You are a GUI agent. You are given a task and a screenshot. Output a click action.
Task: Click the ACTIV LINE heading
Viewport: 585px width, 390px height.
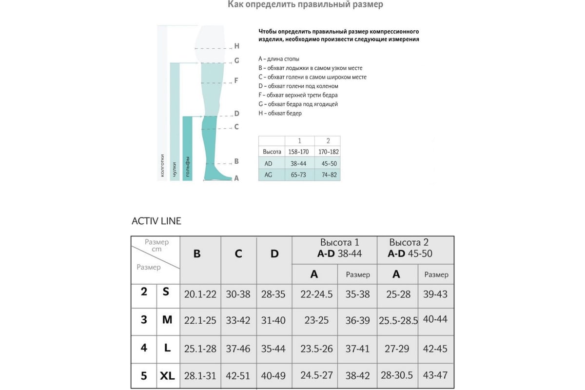[156, 221]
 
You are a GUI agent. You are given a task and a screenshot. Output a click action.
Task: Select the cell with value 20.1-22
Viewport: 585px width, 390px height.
[200, 294]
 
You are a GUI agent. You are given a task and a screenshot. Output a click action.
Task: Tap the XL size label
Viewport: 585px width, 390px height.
[168, 376]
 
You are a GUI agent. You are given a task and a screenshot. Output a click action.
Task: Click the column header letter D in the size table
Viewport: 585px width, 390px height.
[274, 254]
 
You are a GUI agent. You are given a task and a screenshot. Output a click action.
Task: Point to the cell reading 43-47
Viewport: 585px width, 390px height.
[436, 376]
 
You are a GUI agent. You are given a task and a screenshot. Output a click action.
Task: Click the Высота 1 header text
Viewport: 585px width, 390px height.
[339, 242]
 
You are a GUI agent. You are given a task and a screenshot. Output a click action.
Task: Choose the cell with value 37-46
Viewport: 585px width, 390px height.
[238, 348]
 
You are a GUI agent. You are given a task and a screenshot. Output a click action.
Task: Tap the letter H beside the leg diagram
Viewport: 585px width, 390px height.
[237, 46]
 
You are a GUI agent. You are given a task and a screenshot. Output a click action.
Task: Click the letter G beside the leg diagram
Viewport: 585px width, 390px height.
[237, 61]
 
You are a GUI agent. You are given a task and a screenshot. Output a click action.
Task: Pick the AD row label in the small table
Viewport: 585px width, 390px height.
[268, 164]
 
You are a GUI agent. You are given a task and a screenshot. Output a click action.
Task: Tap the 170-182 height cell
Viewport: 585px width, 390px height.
[328, 152]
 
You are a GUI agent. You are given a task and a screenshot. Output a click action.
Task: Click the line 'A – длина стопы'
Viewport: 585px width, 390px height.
[279, 59]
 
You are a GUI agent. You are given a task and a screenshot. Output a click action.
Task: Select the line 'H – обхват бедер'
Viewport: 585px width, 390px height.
[280, 113]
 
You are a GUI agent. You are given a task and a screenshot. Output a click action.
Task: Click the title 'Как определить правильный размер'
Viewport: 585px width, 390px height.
[306, 5]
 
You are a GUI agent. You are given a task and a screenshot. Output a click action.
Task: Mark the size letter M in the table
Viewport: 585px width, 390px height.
[168, 320]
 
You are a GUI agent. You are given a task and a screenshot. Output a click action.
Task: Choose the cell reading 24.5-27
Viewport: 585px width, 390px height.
[314, 376]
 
